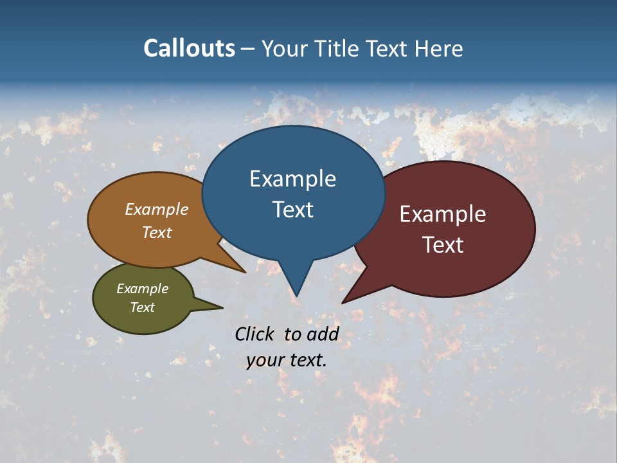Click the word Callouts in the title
point(189,48)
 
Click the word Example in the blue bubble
point(292,179)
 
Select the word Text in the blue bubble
point(292,210)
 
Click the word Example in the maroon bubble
point(443,213)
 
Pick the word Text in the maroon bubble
point(443,245)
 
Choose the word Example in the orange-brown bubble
point(156,209)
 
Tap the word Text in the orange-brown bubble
point(156,232)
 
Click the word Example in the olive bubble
point(142,289)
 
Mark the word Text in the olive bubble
point(142,307)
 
